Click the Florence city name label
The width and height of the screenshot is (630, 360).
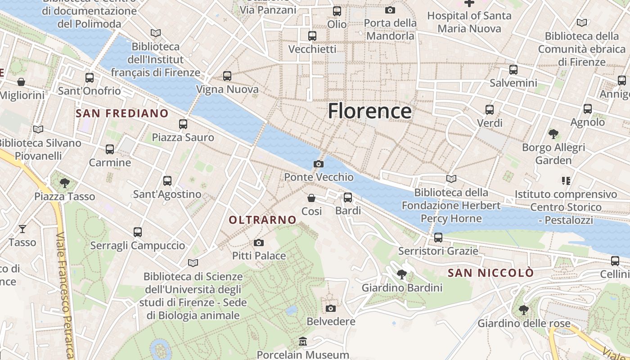(369, 111)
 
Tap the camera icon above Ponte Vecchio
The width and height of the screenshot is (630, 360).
(319, 164)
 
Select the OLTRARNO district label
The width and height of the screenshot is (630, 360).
(263, 220)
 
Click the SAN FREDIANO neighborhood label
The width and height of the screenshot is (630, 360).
(122, 113)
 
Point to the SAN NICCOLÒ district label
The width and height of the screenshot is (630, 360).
(490, 273)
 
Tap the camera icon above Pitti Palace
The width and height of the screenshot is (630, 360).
(259, 243)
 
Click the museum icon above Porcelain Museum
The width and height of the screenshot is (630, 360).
(303, 342)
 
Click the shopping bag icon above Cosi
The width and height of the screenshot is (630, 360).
(311, 198)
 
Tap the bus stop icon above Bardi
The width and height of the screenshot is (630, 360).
(348, 197)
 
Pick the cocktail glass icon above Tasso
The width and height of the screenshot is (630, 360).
(22, 229)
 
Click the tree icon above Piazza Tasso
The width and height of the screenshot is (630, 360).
(65, 183)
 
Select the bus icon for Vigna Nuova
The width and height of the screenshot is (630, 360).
(227, 76)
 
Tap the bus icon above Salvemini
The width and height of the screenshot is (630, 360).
(513, 70)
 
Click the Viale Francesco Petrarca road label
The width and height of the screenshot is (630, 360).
(66, 295)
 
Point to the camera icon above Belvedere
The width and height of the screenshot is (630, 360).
(331, 308)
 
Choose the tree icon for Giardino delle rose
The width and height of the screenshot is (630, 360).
(523, 310)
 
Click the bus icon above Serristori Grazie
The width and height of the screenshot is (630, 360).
(438, 237)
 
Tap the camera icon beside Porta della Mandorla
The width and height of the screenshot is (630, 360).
(390, 10)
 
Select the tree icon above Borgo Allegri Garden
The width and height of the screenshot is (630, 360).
(553, 134)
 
